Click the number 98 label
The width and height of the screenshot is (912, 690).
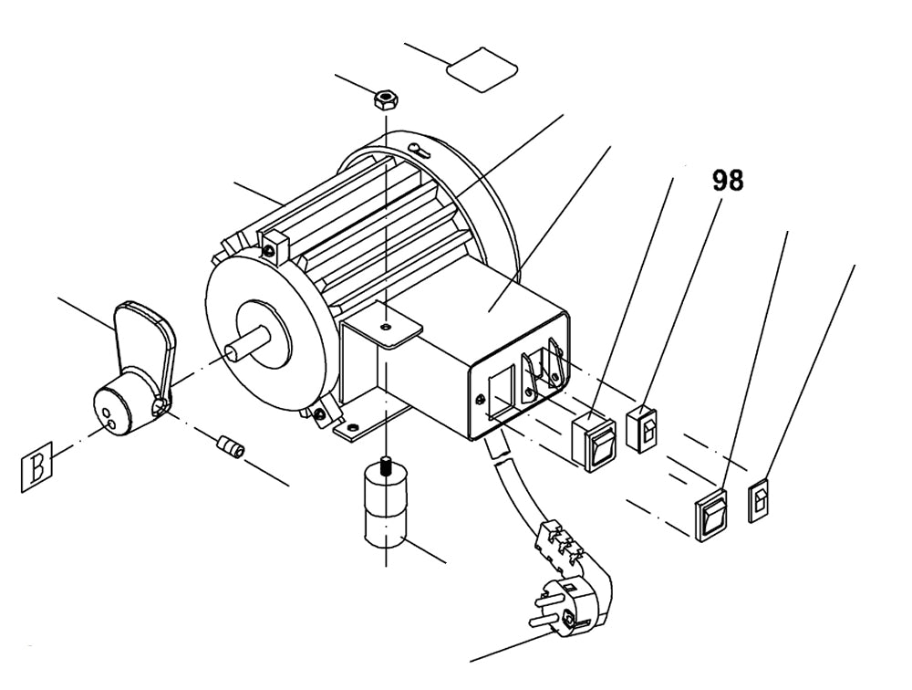point(728,181)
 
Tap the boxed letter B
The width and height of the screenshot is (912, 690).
point(37,468)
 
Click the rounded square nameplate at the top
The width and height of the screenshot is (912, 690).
point(482,69)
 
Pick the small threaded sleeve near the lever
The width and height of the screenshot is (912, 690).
point(231,448)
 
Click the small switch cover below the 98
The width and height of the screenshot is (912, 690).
point(645,426)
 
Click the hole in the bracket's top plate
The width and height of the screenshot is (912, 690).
point(386,324)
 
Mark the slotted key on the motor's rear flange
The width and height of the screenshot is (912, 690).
point(422,150)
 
